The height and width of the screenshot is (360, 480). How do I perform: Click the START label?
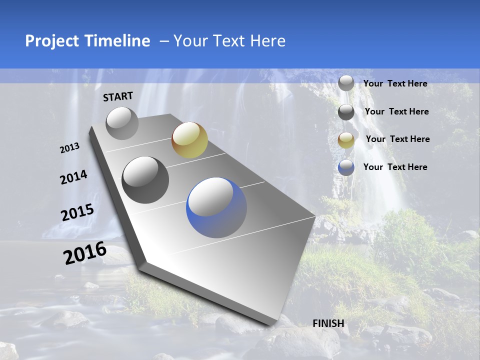(118, 96)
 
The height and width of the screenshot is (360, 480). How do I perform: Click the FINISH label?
(328, 323)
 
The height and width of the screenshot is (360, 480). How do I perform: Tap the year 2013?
(69, 148)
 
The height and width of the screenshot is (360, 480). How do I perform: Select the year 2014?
(73, 177)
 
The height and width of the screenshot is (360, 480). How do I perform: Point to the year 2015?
(77, 213)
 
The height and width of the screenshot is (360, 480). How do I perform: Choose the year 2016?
(84, 253)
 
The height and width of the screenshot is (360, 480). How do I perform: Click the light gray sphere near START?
(122, 123)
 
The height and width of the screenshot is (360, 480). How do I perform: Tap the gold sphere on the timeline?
(189, 140)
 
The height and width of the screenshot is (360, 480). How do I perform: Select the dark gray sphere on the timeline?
(145, 180)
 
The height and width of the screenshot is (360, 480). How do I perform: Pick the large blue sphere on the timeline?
(216, 207)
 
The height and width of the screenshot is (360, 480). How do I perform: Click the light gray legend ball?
(346, 83)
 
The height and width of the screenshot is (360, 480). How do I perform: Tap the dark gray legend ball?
(346, 112)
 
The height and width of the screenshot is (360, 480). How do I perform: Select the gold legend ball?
(346, 140)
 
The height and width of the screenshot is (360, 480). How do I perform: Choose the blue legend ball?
(346, 167)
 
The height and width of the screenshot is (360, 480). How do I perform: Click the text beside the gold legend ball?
(397, 139)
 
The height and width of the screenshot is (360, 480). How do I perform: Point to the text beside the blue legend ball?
(395, 167)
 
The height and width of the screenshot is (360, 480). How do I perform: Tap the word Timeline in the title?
(119, 41)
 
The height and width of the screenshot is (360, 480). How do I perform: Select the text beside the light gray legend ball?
(395, 83)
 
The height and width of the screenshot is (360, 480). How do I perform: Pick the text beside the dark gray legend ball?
(396, 111)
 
